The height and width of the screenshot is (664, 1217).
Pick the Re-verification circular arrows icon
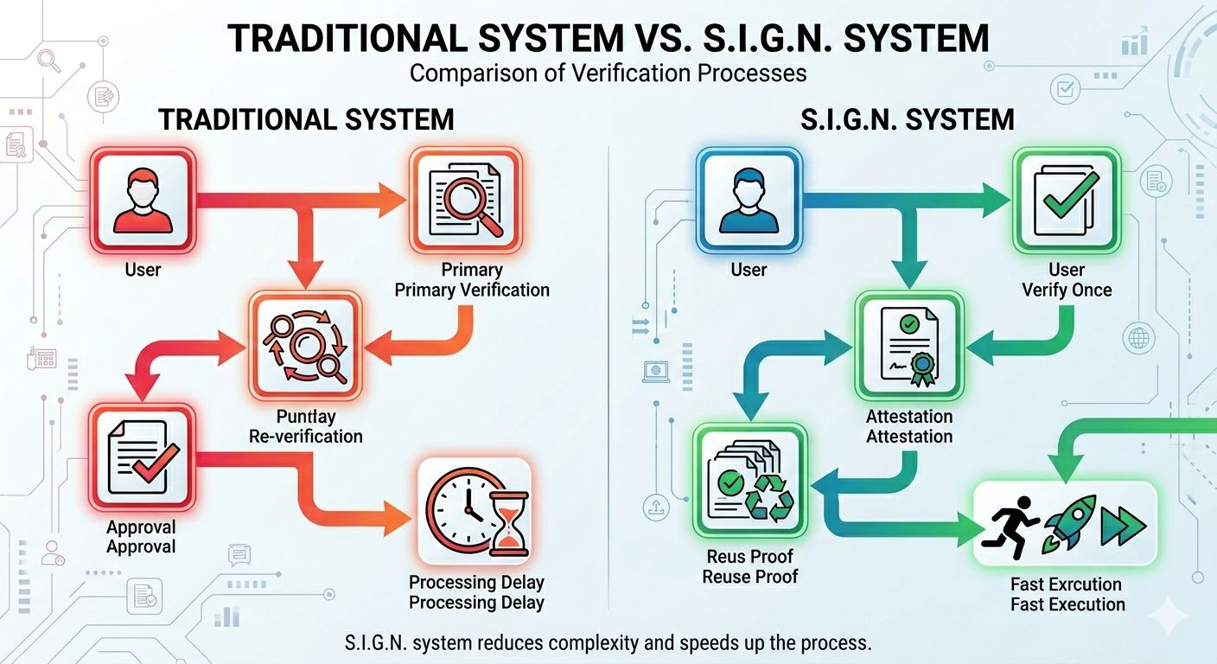305,346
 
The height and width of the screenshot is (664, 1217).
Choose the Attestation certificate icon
908,346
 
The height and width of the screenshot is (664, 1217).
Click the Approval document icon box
143,457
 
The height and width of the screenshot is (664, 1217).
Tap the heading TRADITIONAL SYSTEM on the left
306,120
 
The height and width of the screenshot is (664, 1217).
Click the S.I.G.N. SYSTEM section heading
908,120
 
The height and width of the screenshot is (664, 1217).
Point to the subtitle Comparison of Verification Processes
608,73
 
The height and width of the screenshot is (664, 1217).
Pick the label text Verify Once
1067,290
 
